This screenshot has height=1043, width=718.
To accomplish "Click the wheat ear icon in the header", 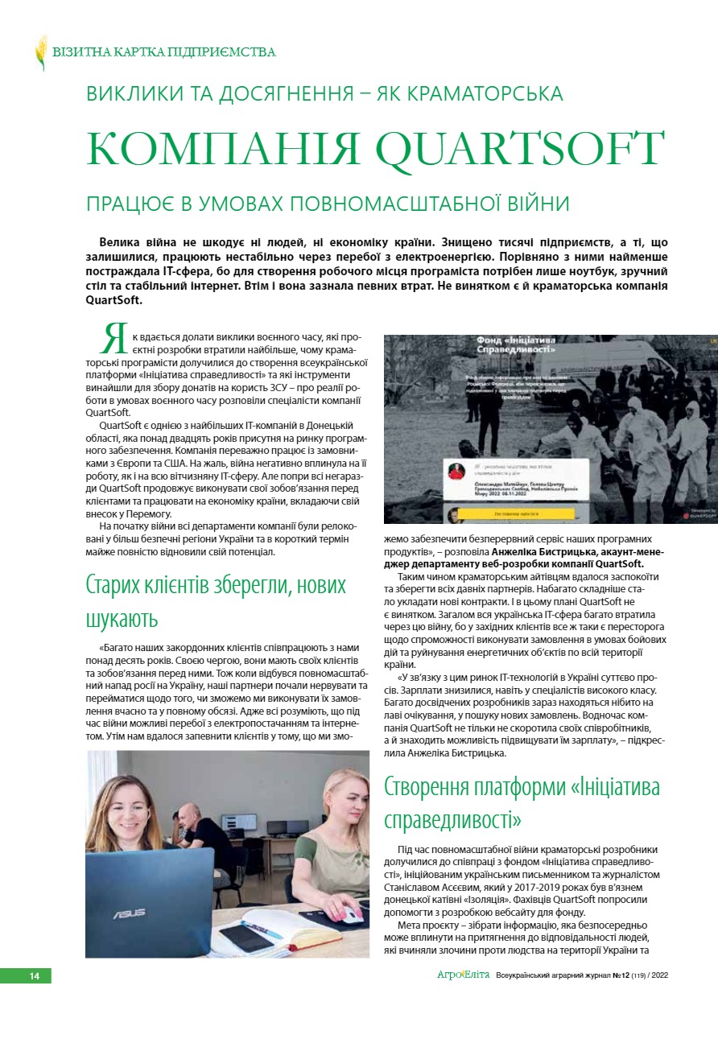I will coord(41,52).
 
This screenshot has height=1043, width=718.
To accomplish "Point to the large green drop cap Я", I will coord(115,339).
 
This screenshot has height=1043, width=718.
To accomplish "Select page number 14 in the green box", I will coord(34,976).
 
